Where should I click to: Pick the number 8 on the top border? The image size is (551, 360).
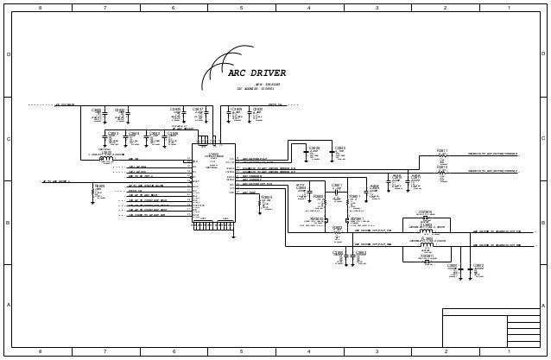click(x=39, y=8)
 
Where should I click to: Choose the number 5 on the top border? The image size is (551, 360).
click(x=241, y=8)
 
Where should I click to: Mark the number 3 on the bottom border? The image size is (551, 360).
click(x=377, y=352)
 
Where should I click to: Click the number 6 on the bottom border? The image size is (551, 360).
click(x=174, y=352)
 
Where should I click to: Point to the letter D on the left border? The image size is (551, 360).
click(x=9, y=54)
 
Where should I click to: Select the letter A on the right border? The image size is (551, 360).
click(x=542, y=306)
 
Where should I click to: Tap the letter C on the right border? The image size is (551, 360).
click(x=542, y=139)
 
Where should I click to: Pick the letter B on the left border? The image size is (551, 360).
click(x=9, y=223)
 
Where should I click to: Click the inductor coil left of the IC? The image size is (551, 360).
click(x=106, y=159)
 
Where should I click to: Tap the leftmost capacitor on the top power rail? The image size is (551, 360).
click(x=97, y=117)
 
